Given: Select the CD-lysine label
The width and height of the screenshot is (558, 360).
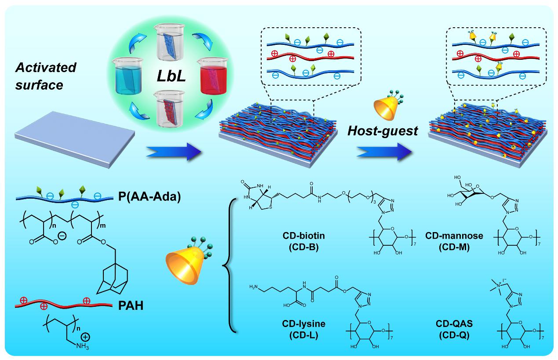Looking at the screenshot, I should (304, 324).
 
